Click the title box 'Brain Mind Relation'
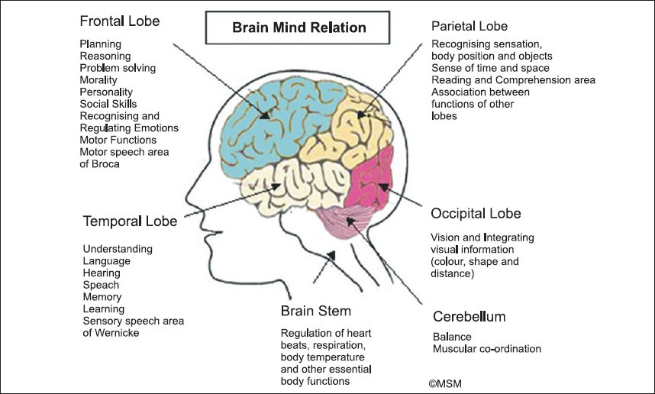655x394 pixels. [299, 28]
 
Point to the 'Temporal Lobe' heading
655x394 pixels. [130, 221]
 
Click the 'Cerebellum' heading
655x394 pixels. [469, 316]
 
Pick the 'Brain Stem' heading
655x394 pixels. [316, 311]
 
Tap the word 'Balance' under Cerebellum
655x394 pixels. [451, 337]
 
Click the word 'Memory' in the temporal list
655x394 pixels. [102, 296]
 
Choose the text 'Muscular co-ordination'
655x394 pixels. [487, 349]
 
